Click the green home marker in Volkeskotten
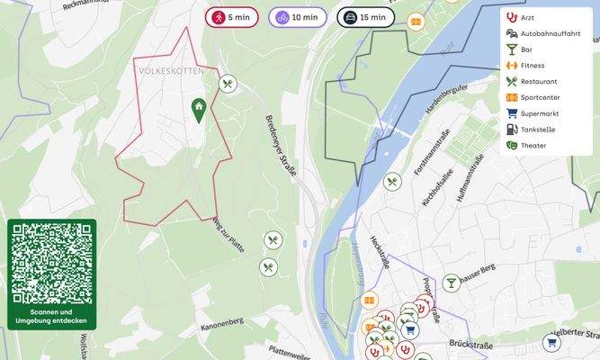click(x=198, y=110)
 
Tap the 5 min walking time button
click(x=232, y=17)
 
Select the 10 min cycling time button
click(x=296, y=17)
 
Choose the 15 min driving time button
click(x=365, y=17)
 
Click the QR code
click(x=51, y=262)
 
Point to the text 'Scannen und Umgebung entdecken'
click(x=51, y=316)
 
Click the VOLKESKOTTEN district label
click(x=171, y=70)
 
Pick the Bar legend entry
click(x=526, y=49)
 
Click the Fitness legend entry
click(x=532, y=65)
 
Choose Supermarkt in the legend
click(x=539, y=113)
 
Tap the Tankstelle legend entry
click(x=537, y=130)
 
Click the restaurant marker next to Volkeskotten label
click(x=228, y=84)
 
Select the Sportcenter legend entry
click(x=539, y=97)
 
